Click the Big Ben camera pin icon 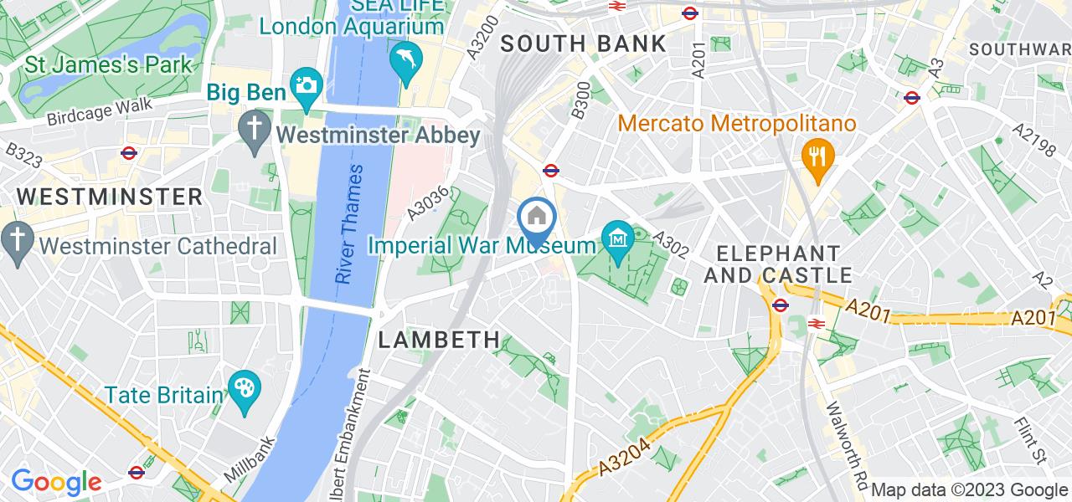pos(306,86)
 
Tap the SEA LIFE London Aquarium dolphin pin pos(406,60)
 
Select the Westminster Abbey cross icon pos(252,130)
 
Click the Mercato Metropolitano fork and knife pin pos(815,155)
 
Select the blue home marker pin pos(537,218)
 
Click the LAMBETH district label pos(440,340)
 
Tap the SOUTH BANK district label pos(584,44)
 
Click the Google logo pos(55,482)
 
